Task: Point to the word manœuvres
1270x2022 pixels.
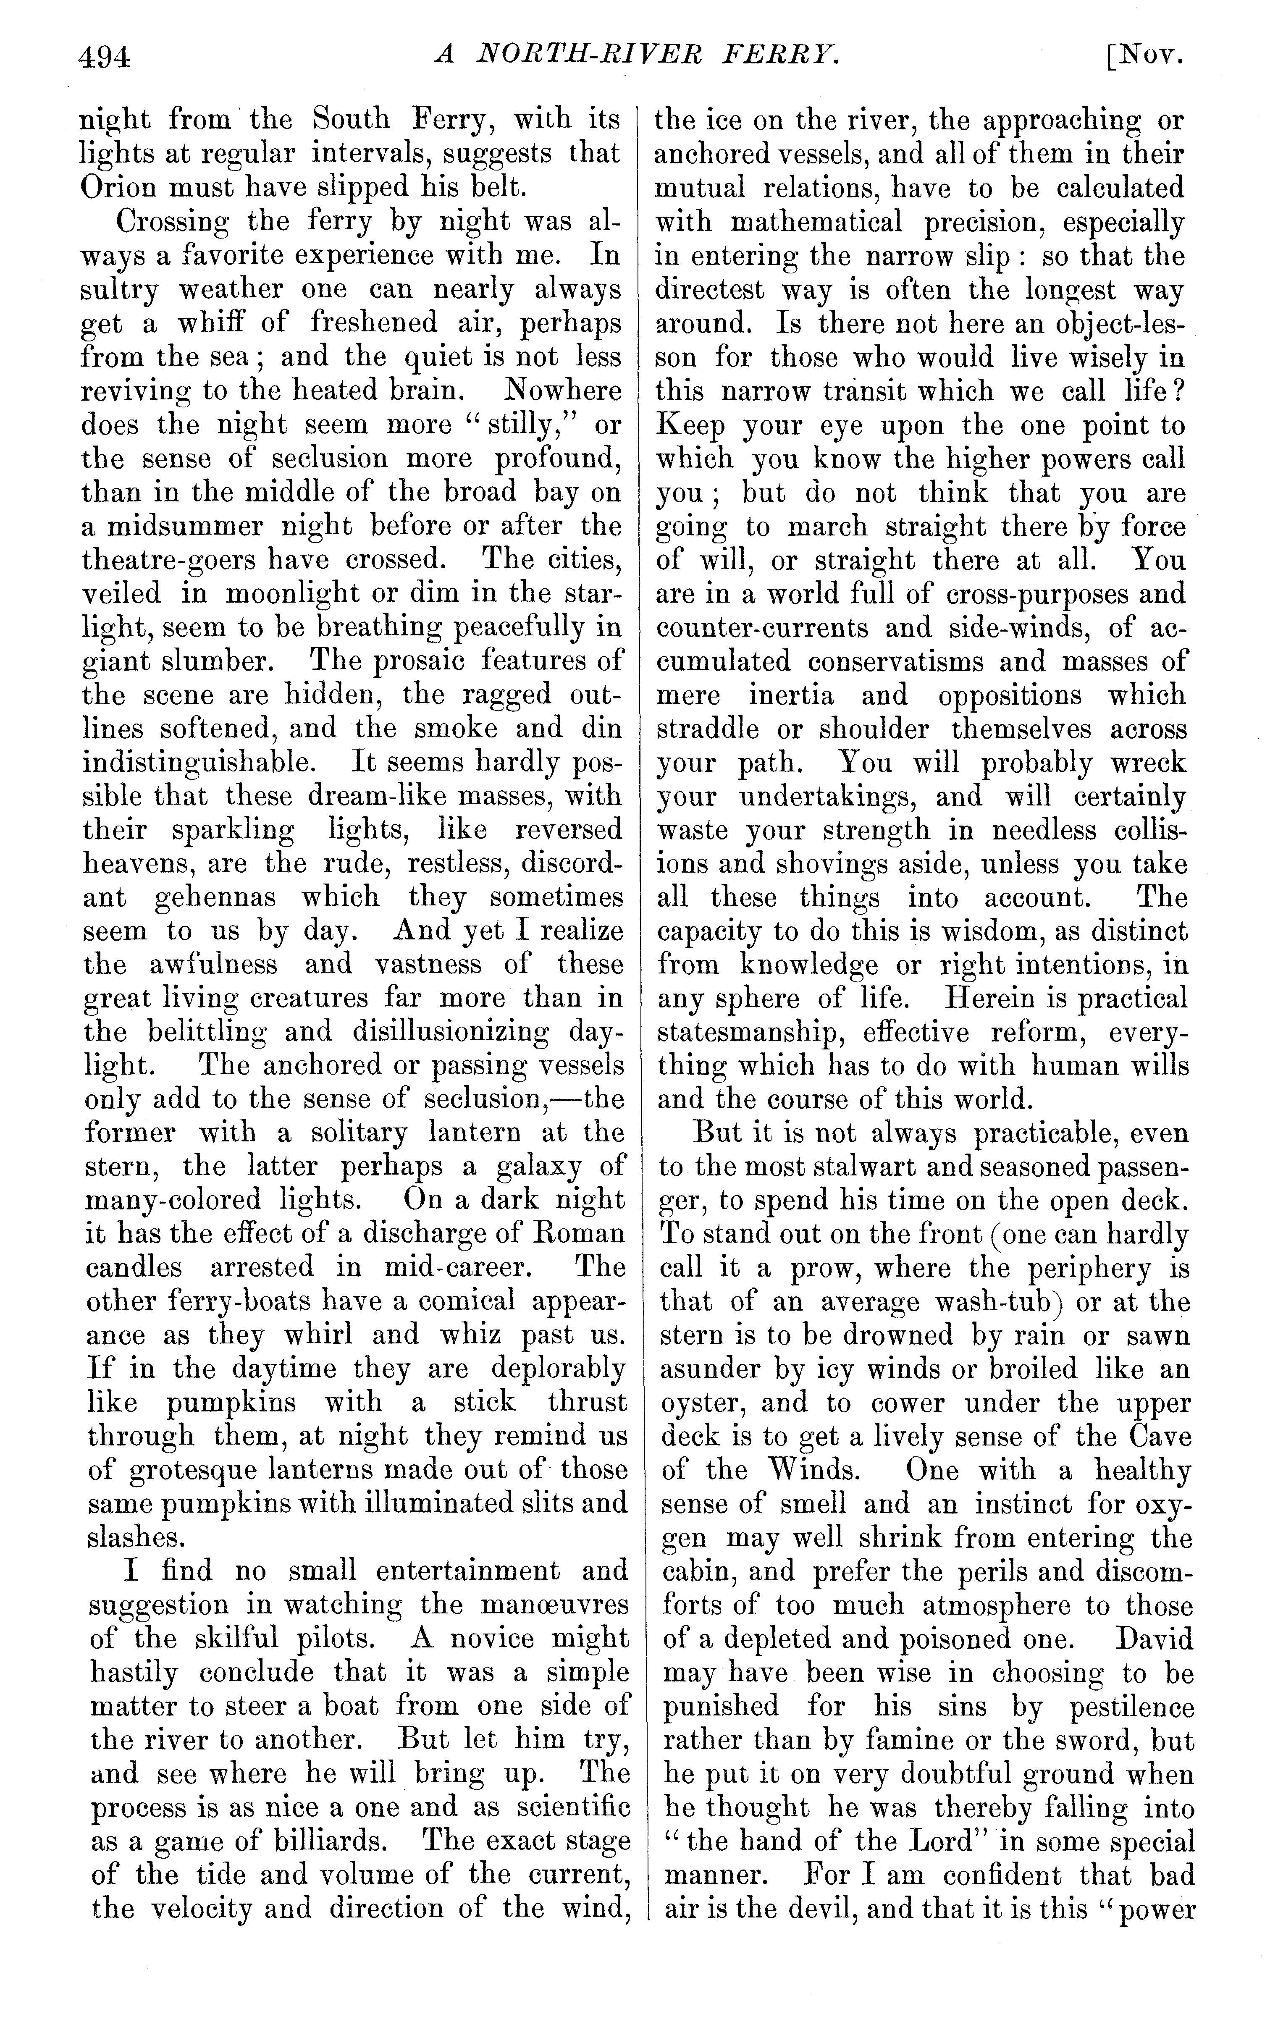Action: point(558,1605)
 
